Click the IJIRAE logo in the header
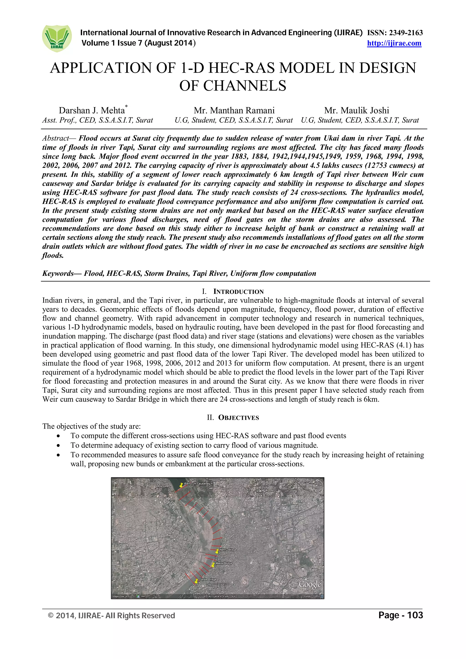tap(57, 38)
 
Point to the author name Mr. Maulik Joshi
tap(357, 111)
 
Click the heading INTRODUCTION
tap(238, 292)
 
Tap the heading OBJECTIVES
tap(238, 418)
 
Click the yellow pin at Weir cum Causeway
tap(181, 485)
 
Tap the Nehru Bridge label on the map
tap(228, 550)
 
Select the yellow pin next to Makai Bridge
tap(213, 565)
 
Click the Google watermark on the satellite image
tap(309, 584)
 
